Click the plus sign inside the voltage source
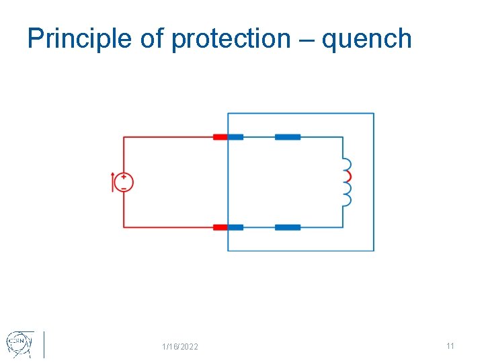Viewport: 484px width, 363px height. pos(124,177)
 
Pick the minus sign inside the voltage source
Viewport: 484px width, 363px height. pos(124,188)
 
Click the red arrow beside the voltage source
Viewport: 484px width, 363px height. pos(113,182)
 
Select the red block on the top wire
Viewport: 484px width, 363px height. pos(220,137)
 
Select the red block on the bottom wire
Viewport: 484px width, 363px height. pos(220,227)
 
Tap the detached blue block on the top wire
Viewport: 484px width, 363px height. pos(288,137)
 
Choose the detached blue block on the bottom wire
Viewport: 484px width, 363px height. pos(288,227)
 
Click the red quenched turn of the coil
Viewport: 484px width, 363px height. pos(348,176)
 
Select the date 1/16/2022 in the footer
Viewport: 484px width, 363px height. pos(180,347)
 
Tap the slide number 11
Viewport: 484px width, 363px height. pos(450,346)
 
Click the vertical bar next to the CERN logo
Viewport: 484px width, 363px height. pos(44,344)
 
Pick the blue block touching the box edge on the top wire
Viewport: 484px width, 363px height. pos(235,137)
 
